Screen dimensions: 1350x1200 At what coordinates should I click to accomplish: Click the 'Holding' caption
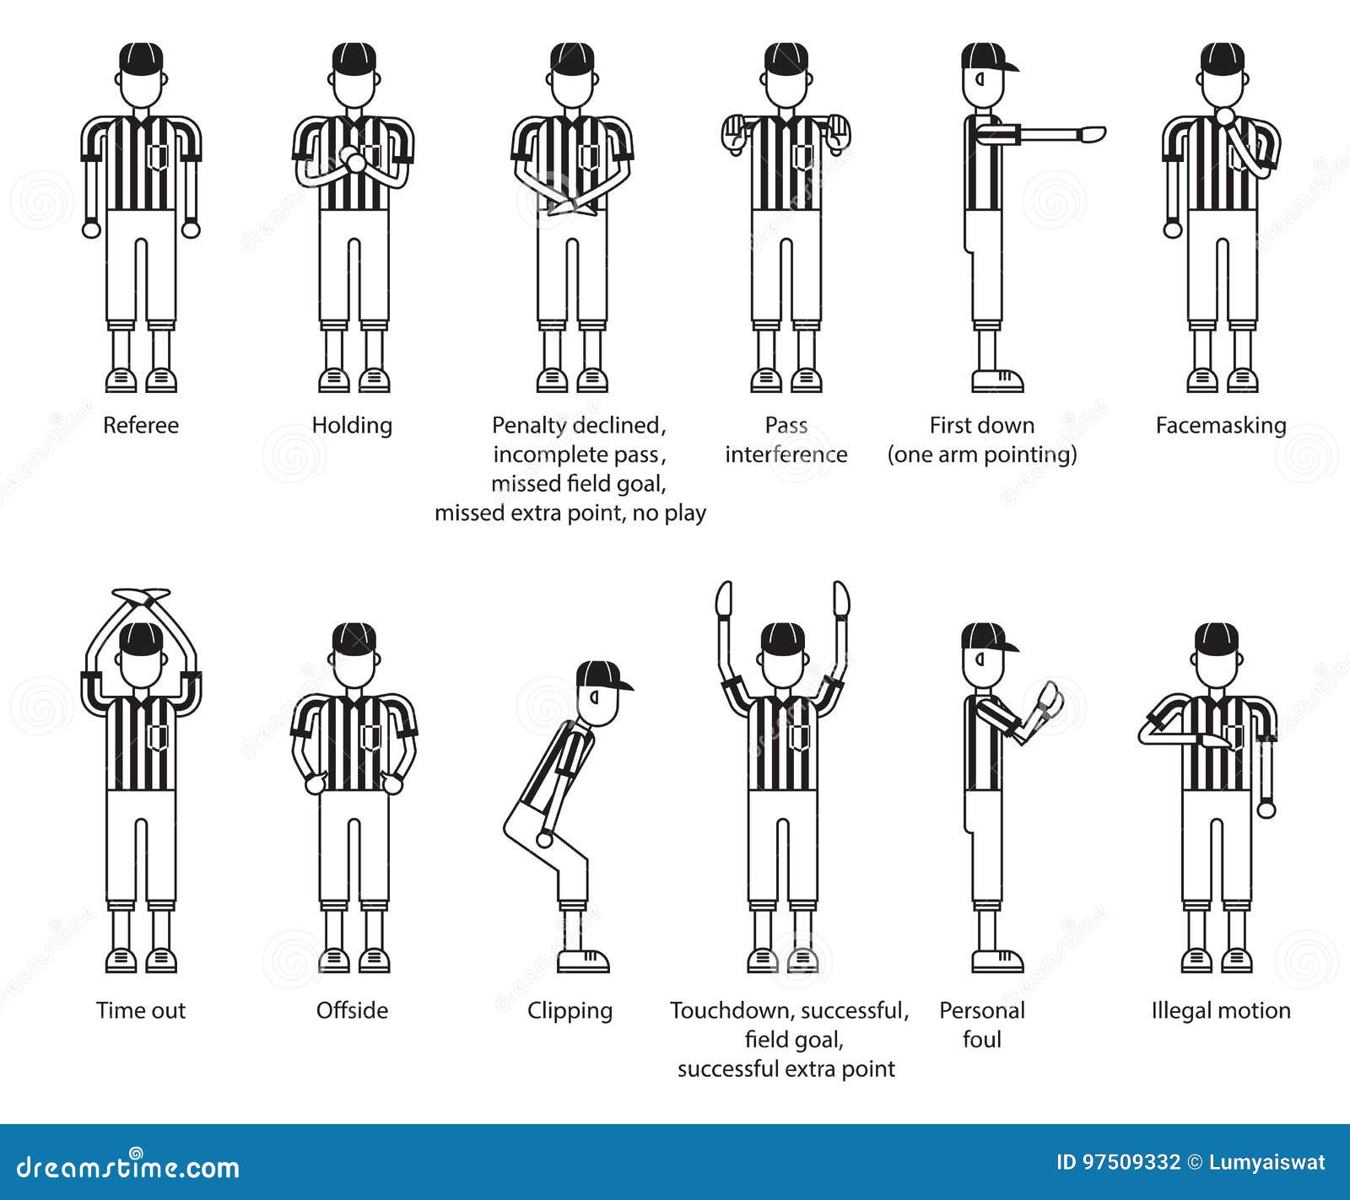pyautogui.click(x=352, y=425)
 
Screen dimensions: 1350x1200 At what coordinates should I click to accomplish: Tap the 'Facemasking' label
pyautogui.click(x=1220, y=425)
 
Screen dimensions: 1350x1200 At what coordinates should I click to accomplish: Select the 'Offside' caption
pyautogui.click(x=352, y=1010)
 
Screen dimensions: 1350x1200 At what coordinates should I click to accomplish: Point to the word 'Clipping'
pyautogui.click(x=570, y=1011)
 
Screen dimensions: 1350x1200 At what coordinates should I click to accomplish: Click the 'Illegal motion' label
pyautogui.click(x=1221, y=1010)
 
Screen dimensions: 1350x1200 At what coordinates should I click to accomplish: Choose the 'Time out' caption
pyautogui.click(x=141, y=1010)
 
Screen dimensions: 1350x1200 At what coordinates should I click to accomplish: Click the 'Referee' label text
pyautogui.click(x=141, y=425)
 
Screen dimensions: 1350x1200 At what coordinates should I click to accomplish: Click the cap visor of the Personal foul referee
pyautogui.click(x=1008, y=647)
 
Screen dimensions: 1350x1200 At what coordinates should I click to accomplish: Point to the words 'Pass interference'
pyautogui.click(x=786, y=439)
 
